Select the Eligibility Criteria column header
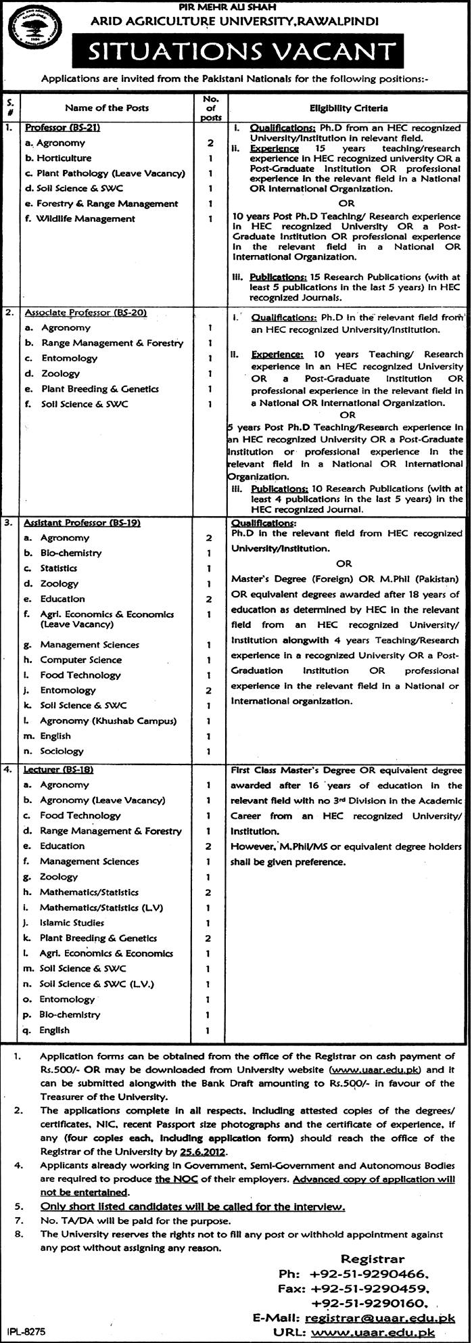point(349,108)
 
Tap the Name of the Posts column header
point(107,108)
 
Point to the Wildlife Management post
point(86,219)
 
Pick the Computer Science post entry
point(80,660)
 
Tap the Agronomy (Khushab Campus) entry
point(108,721)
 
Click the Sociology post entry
point(62,751)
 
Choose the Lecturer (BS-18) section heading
point(57,769)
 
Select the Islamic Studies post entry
point(72,922)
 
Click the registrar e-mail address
point(380,1313)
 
